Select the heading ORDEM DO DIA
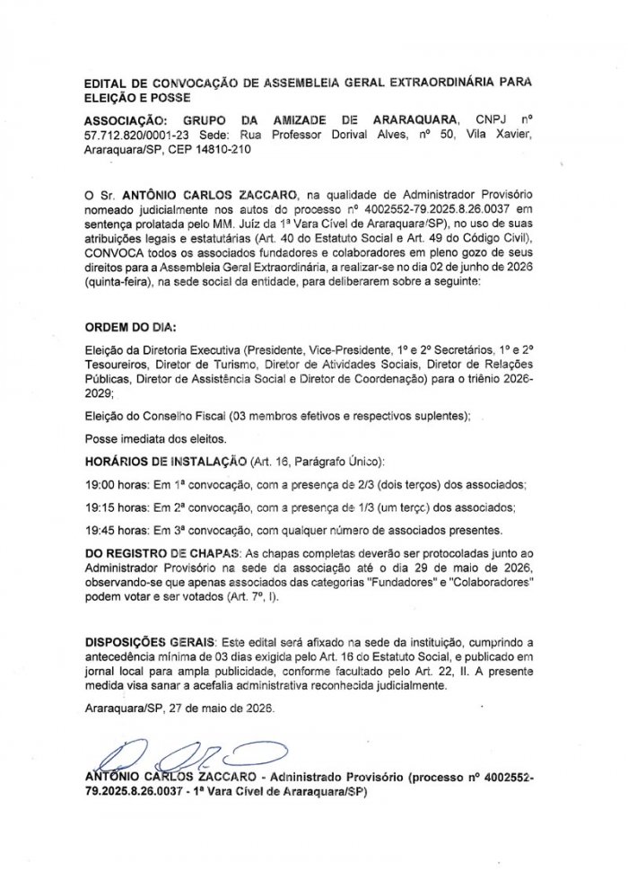click(x=130, y=326)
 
